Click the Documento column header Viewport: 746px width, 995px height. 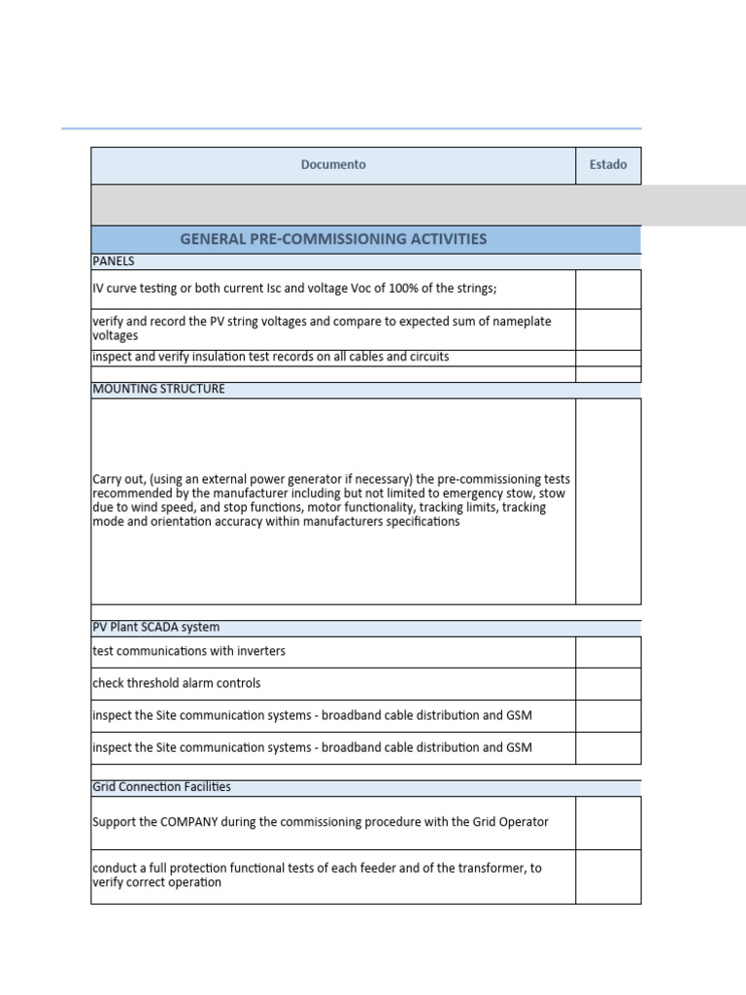pos(333,165)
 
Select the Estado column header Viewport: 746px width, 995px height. pos(608,165)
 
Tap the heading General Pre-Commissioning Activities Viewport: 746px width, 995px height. pos(333,239)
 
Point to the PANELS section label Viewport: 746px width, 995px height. pos(114,261)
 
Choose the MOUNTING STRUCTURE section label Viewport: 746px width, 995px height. pos(158,389)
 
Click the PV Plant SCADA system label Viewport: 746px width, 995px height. pos(155,628)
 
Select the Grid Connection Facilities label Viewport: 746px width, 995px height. pos(161,787)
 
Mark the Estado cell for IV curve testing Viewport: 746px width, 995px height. pos(608,290)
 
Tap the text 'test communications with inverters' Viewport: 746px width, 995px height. pos(188,651)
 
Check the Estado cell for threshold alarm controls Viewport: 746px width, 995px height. pos(608,683)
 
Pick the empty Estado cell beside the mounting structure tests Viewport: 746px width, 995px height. pos(608,500)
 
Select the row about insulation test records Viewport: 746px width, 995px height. pos(271,357)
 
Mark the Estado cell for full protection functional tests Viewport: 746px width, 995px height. pos(608,875)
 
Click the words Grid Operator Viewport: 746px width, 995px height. pos(510,822)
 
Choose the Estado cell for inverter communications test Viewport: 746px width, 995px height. pos(608,651)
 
